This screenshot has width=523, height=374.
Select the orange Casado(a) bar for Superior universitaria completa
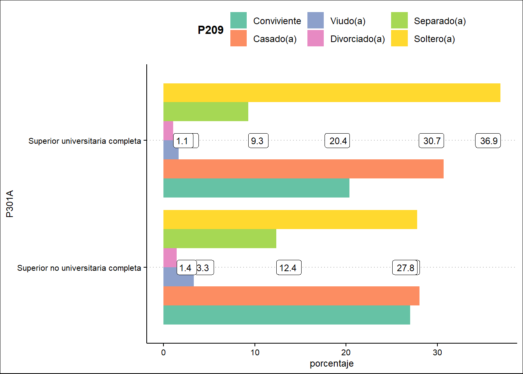303,169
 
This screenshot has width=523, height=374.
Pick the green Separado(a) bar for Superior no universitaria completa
219,238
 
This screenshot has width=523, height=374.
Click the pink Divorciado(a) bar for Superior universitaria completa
168,129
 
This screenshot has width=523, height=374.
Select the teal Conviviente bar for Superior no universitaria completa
286,315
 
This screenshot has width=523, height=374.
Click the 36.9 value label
488,141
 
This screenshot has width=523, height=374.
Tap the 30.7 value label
431,141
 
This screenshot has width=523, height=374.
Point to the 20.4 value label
337,141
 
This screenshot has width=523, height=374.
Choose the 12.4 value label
288,268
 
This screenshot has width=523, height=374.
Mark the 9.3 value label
258,141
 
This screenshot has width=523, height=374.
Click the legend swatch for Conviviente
239,21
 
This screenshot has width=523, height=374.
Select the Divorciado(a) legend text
357,39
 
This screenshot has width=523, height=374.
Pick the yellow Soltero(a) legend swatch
399,39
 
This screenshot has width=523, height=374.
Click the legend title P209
211,30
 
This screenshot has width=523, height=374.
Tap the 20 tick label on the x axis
346,353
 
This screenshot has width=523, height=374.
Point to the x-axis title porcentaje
332,363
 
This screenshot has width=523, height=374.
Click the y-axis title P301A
10,203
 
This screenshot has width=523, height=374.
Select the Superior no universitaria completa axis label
79,268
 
